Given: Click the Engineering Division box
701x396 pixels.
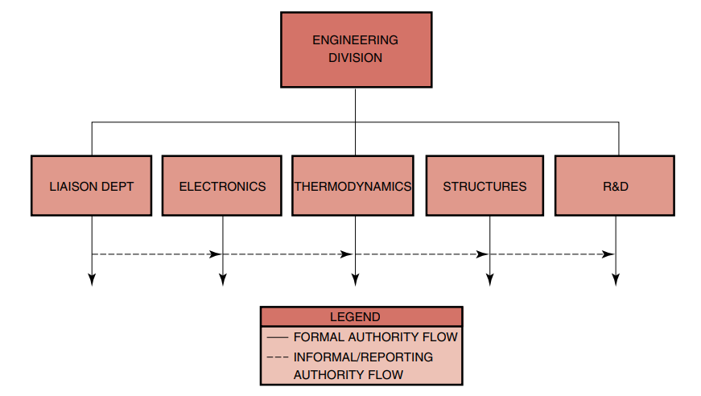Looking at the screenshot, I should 355,49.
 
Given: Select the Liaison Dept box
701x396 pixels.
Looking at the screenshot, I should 91,186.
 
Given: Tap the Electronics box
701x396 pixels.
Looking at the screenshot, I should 222,186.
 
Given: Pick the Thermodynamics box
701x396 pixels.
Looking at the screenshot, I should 353,186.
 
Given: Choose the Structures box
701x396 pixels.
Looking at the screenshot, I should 485,186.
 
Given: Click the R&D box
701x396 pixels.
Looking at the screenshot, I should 615,186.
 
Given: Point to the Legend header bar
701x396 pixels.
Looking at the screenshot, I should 361,317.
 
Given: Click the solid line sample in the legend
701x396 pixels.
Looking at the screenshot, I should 277,337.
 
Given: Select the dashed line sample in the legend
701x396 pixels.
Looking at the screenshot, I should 277,357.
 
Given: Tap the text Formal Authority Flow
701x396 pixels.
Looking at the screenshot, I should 375,337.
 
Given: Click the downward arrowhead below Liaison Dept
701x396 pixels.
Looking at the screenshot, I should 92,279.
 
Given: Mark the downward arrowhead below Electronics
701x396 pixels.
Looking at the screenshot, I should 223,279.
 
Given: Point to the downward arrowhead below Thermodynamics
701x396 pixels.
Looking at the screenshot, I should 355,279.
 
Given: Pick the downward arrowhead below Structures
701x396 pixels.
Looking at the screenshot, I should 489,279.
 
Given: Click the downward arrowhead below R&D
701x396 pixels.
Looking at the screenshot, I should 616,279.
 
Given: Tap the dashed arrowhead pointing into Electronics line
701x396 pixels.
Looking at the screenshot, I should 216,254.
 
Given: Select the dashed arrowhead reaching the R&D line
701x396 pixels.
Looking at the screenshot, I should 609,254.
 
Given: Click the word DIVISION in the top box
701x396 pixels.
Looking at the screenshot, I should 355,58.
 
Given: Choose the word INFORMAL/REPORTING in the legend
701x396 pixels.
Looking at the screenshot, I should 363,357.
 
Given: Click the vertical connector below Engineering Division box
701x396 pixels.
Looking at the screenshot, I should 355,105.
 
